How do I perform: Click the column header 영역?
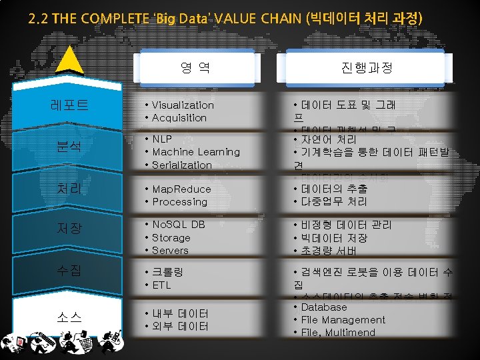coord(195,67)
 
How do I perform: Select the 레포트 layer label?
coord(69,105)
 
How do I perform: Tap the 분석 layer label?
coord(69,146)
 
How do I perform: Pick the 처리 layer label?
coord(69,189)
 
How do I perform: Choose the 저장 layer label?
coord(69,229)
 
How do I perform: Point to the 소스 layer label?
coord(69,317)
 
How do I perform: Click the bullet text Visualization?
coord(183,105)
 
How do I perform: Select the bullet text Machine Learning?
coord(195,152)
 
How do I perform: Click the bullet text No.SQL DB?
coord(178,225)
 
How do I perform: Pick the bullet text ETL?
coord(161,285)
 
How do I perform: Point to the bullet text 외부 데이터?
coord(180,326)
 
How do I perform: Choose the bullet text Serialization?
coord(181,165)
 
